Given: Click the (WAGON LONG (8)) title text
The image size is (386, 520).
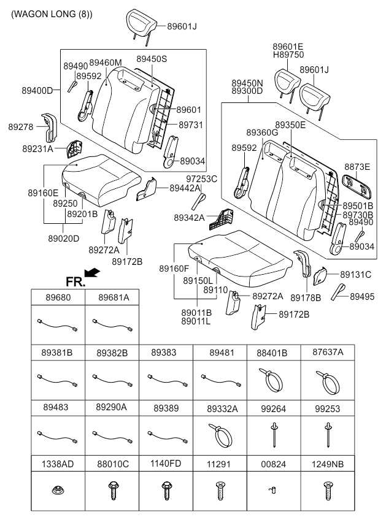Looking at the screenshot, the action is tap(52, 14).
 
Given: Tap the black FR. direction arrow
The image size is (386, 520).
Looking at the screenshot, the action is tap(92, 272).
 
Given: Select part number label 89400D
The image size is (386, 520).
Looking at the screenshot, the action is tap(37, 90).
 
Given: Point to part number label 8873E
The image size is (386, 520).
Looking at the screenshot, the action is tap(357, 167).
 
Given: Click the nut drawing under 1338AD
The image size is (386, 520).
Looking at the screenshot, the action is tap(58, 489).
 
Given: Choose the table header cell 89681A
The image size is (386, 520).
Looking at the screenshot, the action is tap(114, 297).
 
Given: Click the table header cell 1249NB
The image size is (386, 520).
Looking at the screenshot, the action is tap(328, 464).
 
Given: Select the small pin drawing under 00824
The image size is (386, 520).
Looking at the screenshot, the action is tap(273, 490).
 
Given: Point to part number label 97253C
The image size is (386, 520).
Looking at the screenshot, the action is tap(201, 179).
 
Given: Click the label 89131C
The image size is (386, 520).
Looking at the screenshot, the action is tap(355, 275).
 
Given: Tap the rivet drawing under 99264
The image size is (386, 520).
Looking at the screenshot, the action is tap(274, 434).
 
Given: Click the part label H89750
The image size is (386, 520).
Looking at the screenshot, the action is tap(288, 55).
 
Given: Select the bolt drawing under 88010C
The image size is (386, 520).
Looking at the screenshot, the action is tap(112, 491).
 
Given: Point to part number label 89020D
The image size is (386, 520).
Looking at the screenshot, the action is tap(64, 239).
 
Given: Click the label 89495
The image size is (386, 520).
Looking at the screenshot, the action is tap(362, 296).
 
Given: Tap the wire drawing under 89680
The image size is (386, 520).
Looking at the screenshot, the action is tap(58, 324).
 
